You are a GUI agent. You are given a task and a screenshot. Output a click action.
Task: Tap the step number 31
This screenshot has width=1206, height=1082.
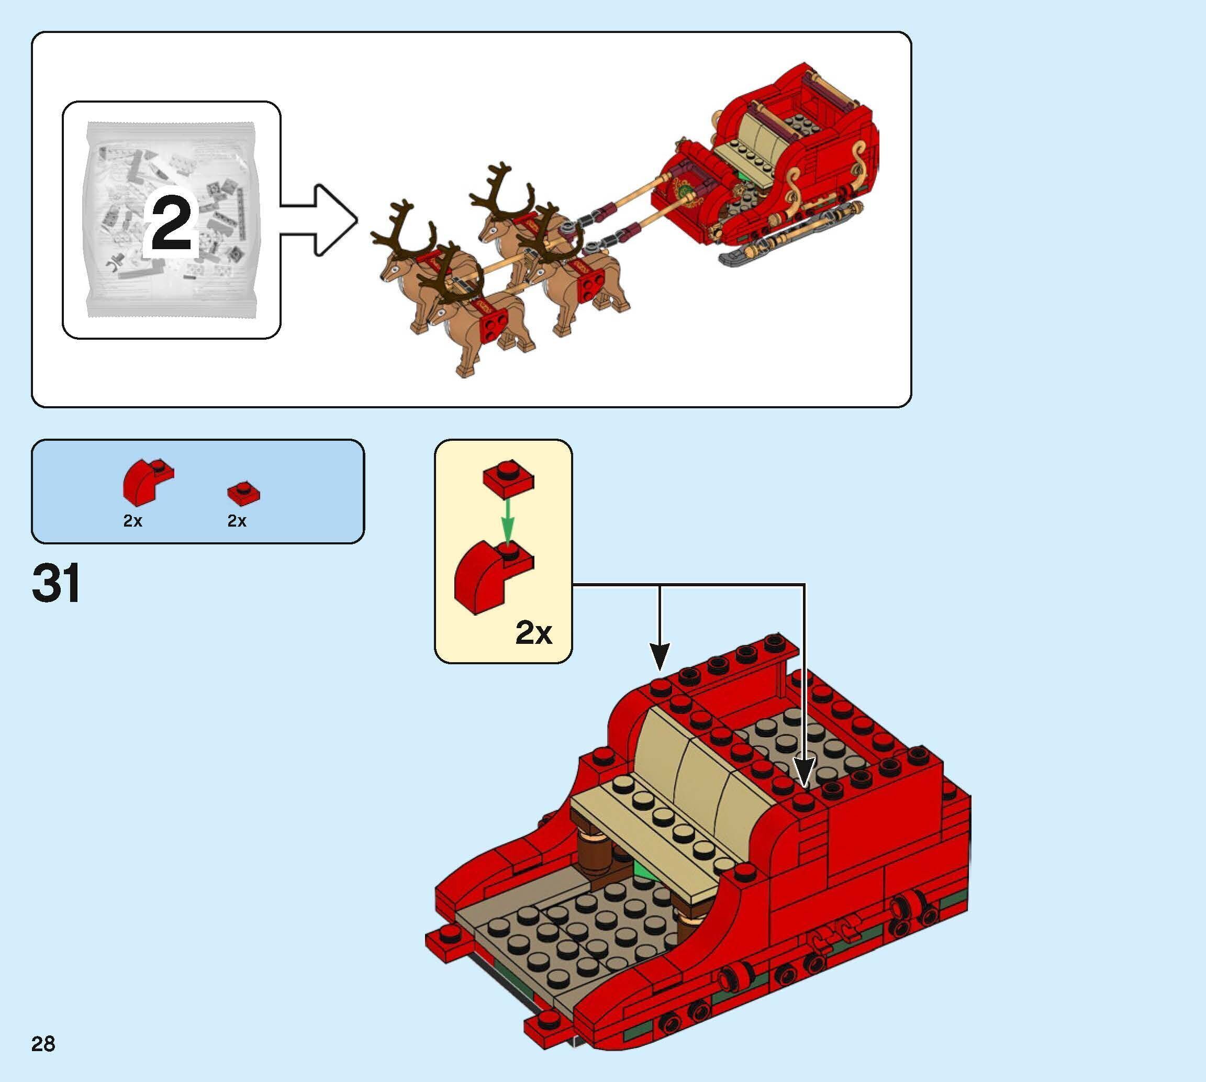click(57, 584)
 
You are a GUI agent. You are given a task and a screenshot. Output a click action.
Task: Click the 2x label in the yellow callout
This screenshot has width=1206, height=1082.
click(533, 633)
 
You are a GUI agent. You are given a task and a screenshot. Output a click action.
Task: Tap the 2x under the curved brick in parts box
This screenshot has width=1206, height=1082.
click(132, 521)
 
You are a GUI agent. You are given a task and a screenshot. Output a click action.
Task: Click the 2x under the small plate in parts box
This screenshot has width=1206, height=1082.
click(237, 521)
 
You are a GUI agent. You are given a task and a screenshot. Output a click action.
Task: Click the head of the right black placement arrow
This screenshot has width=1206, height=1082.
click(803, 775)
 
